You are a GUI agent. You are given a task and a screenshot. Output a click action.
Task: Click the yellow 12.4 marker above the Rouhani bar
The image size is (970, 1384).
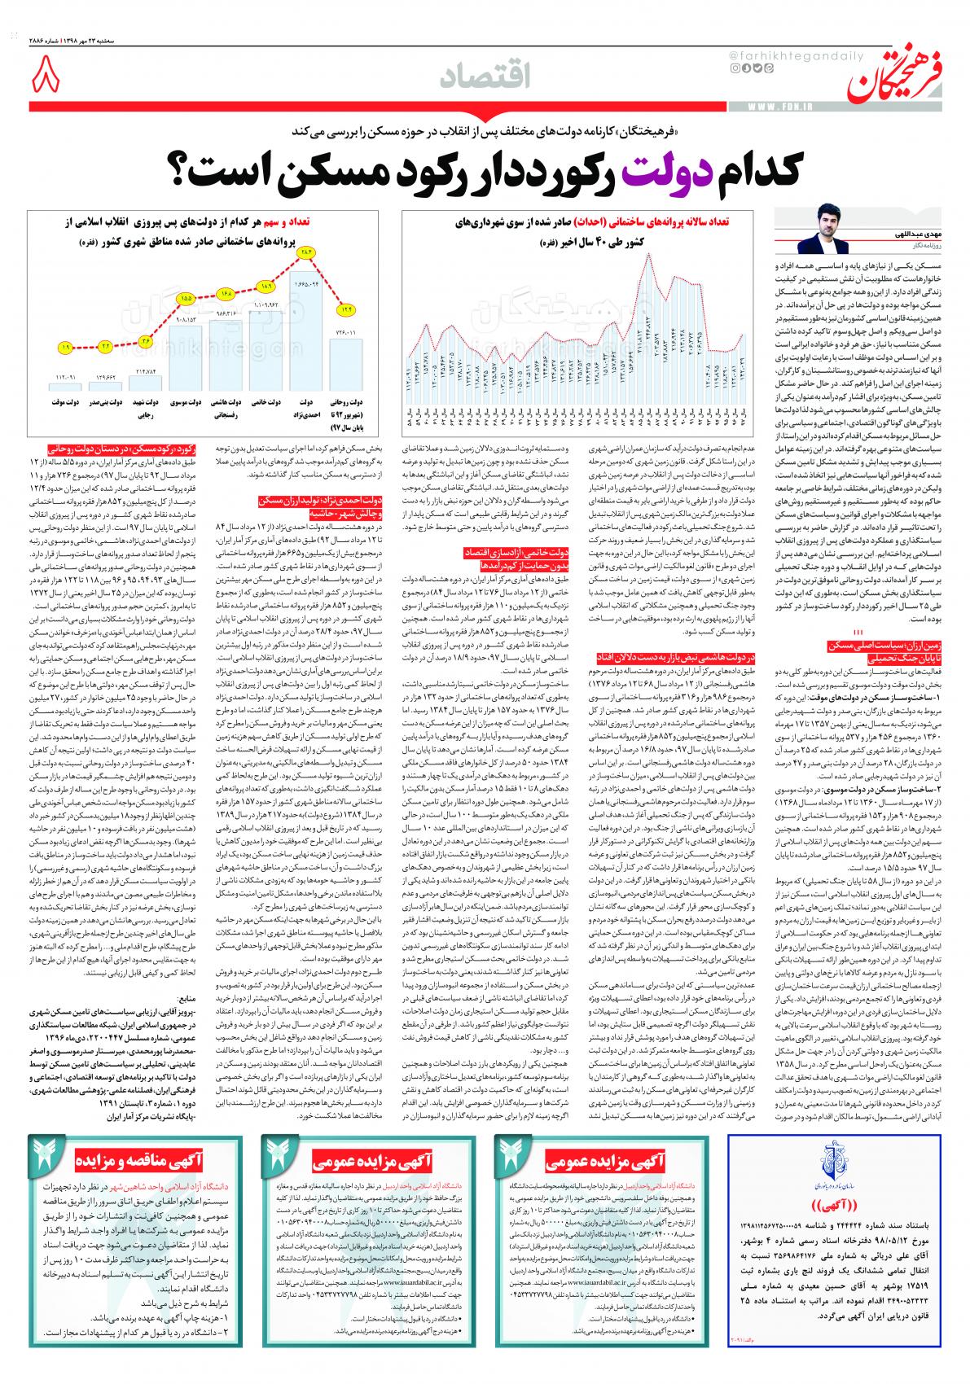click(348, 309)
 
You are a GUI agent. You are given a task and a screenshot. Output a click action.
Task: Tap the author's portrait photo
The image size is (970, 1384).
click(822, 230)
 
